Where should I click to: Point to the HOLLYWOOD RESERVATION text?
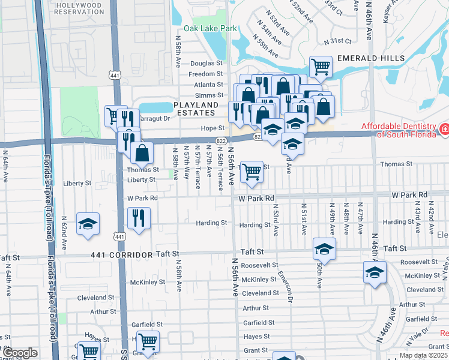point(79,8)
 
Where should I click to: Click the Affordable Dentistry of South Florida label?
point(398,130)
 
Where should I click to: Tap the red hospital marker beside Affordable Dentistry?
point(444,128)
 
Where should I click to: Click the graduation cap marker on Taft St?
point(324,248)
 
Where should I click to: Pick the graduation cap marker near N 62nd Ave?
point(88,224)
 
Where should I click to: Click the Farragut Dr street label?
point(154,118)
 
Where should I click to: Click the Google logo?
point(19,353)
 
